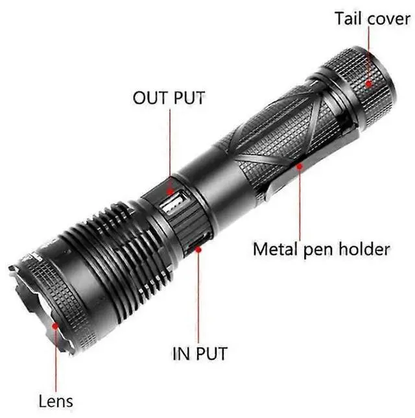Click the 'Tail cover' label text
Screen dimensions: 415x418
373,18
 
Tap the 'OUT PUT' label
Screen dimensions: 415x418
169,98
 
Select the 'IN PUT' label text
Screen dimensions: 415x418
199,354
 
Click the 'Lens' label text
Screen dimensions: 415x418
56,401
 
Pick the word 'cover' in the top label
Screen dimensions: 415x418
388,19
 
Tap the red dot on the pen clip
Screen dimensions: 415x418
300,166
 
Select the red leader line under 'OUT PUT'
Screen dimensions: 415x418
170,149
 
